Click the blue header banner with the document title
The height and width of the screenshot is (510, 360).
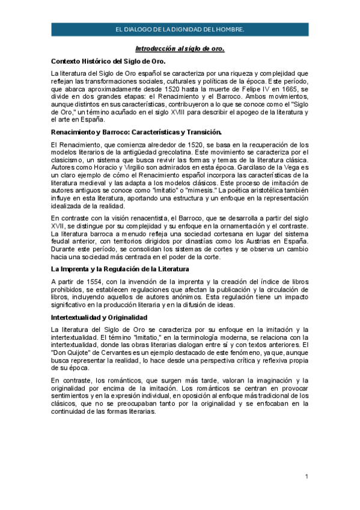tap(180, 29)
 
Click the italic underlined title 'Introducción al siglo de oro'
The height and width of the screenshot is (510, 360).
tap(180, 48)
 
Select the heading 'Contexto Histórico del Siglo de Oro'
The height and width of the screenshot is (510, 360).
tap(112, 61)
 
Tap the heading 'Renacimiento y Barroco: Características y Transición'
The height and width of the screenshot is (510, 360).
tap(136, 131)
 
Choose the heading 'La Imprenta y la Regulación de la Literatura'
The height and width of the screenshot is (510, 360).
tap(120, 269)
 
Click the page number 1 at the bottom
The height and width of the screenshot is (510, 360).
tap(307, 477)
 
